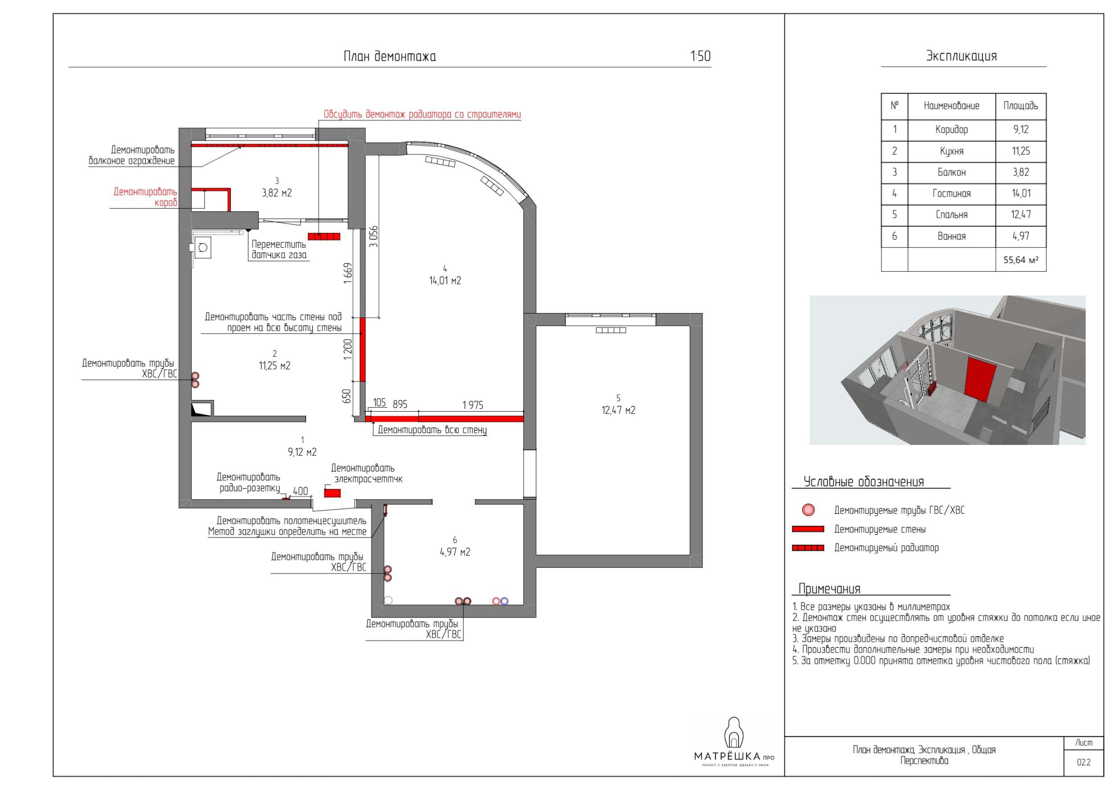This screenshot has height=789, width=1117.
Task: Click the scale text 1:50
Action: pyautogui.click(x=701, y=56)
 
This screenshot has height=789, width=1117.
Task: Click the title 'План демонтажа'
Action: pyautogui.click(x=390, y=57)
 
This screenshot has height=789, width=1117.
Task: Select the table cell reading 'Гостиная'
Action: pyautogui.click(x=951, y=193)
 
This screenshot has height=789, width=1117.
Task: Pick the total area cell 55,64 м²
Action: pyautogui.click(x=1021, y=260)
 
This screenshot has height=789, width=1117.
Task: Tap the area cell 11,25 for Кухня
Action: pyautogui.click(x=1021, y=151)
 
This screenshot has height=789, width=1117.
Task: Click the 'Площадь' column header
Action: pyautogui.click(x=1021, y=106)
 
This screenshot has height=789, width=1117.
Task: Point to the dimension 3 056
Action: pyautogui.click(x=373, y=237)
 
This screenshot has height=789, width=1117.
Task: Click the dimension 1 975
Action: pyautogui.click(x=472, y=405)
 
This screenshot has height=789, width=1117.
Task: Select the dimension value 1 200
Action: pyautogui.click(x=348, y=350)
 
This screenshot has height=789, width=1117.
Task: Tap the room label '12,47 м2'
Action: pyautogui.click(x=618, y=410)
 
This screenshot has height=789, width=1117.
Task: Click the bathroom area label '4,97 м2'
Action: pyautogui.click(x=455, y=552)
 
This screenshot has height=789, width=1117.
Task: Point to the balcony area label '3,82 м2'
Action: pyautogui.click(x=277, y=193)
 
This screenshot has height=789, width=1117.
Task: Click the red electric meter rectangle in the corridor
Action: pyautogui.click(x=332, y=493)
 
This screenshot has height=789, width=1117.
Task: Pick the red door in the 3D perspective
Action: pyautogui.click(x=979, y=379)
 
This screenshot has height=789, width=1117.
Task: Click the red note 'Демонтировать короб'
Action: pyautogui.click(x=145, y=197)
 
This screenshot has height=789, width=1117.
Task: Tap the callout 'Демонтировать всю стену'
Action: pyautogui.click(x=432, y=430)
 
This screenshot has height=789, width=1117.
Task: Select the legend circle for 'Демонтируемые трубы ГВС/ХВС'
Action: pyautogui.click(x=808, y=510)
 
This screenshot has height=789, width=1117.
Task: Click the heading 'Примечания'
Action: pyautogui.click(x=829, y=589)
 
